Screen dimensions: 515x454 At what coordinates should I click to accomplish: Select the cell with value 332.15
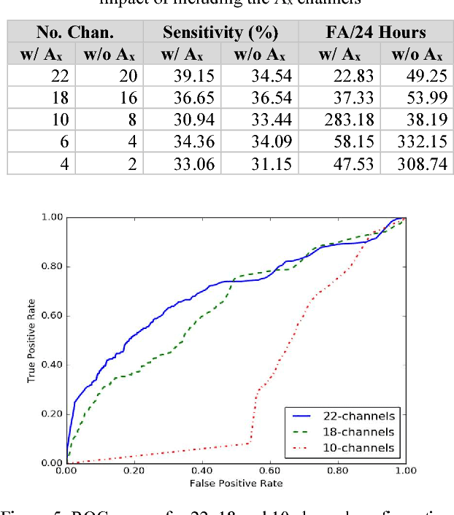[418, 142]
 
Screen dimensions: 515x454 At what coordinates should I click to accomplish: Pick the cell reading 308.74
[418, 163]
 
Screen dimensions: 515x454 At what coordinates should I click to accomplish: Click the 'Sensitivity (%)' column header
[220, 32]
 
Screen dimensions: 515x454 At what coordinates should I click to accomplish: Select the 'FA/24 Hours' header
[376, 32]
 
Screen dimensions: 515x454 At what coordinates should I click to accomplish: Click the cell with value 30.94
[193, 120]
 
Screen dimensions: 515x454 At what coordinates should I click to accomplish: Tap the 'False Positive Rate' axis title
[236, 483]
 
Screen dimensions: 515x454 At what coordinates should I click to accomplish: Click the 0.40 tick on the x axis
[202, 471]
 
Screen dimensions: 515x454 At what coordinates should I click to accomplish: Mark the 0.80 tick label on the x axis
[338, 471]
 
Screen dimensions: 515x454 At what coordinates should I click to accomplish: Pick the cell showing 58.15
[339, 142]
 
